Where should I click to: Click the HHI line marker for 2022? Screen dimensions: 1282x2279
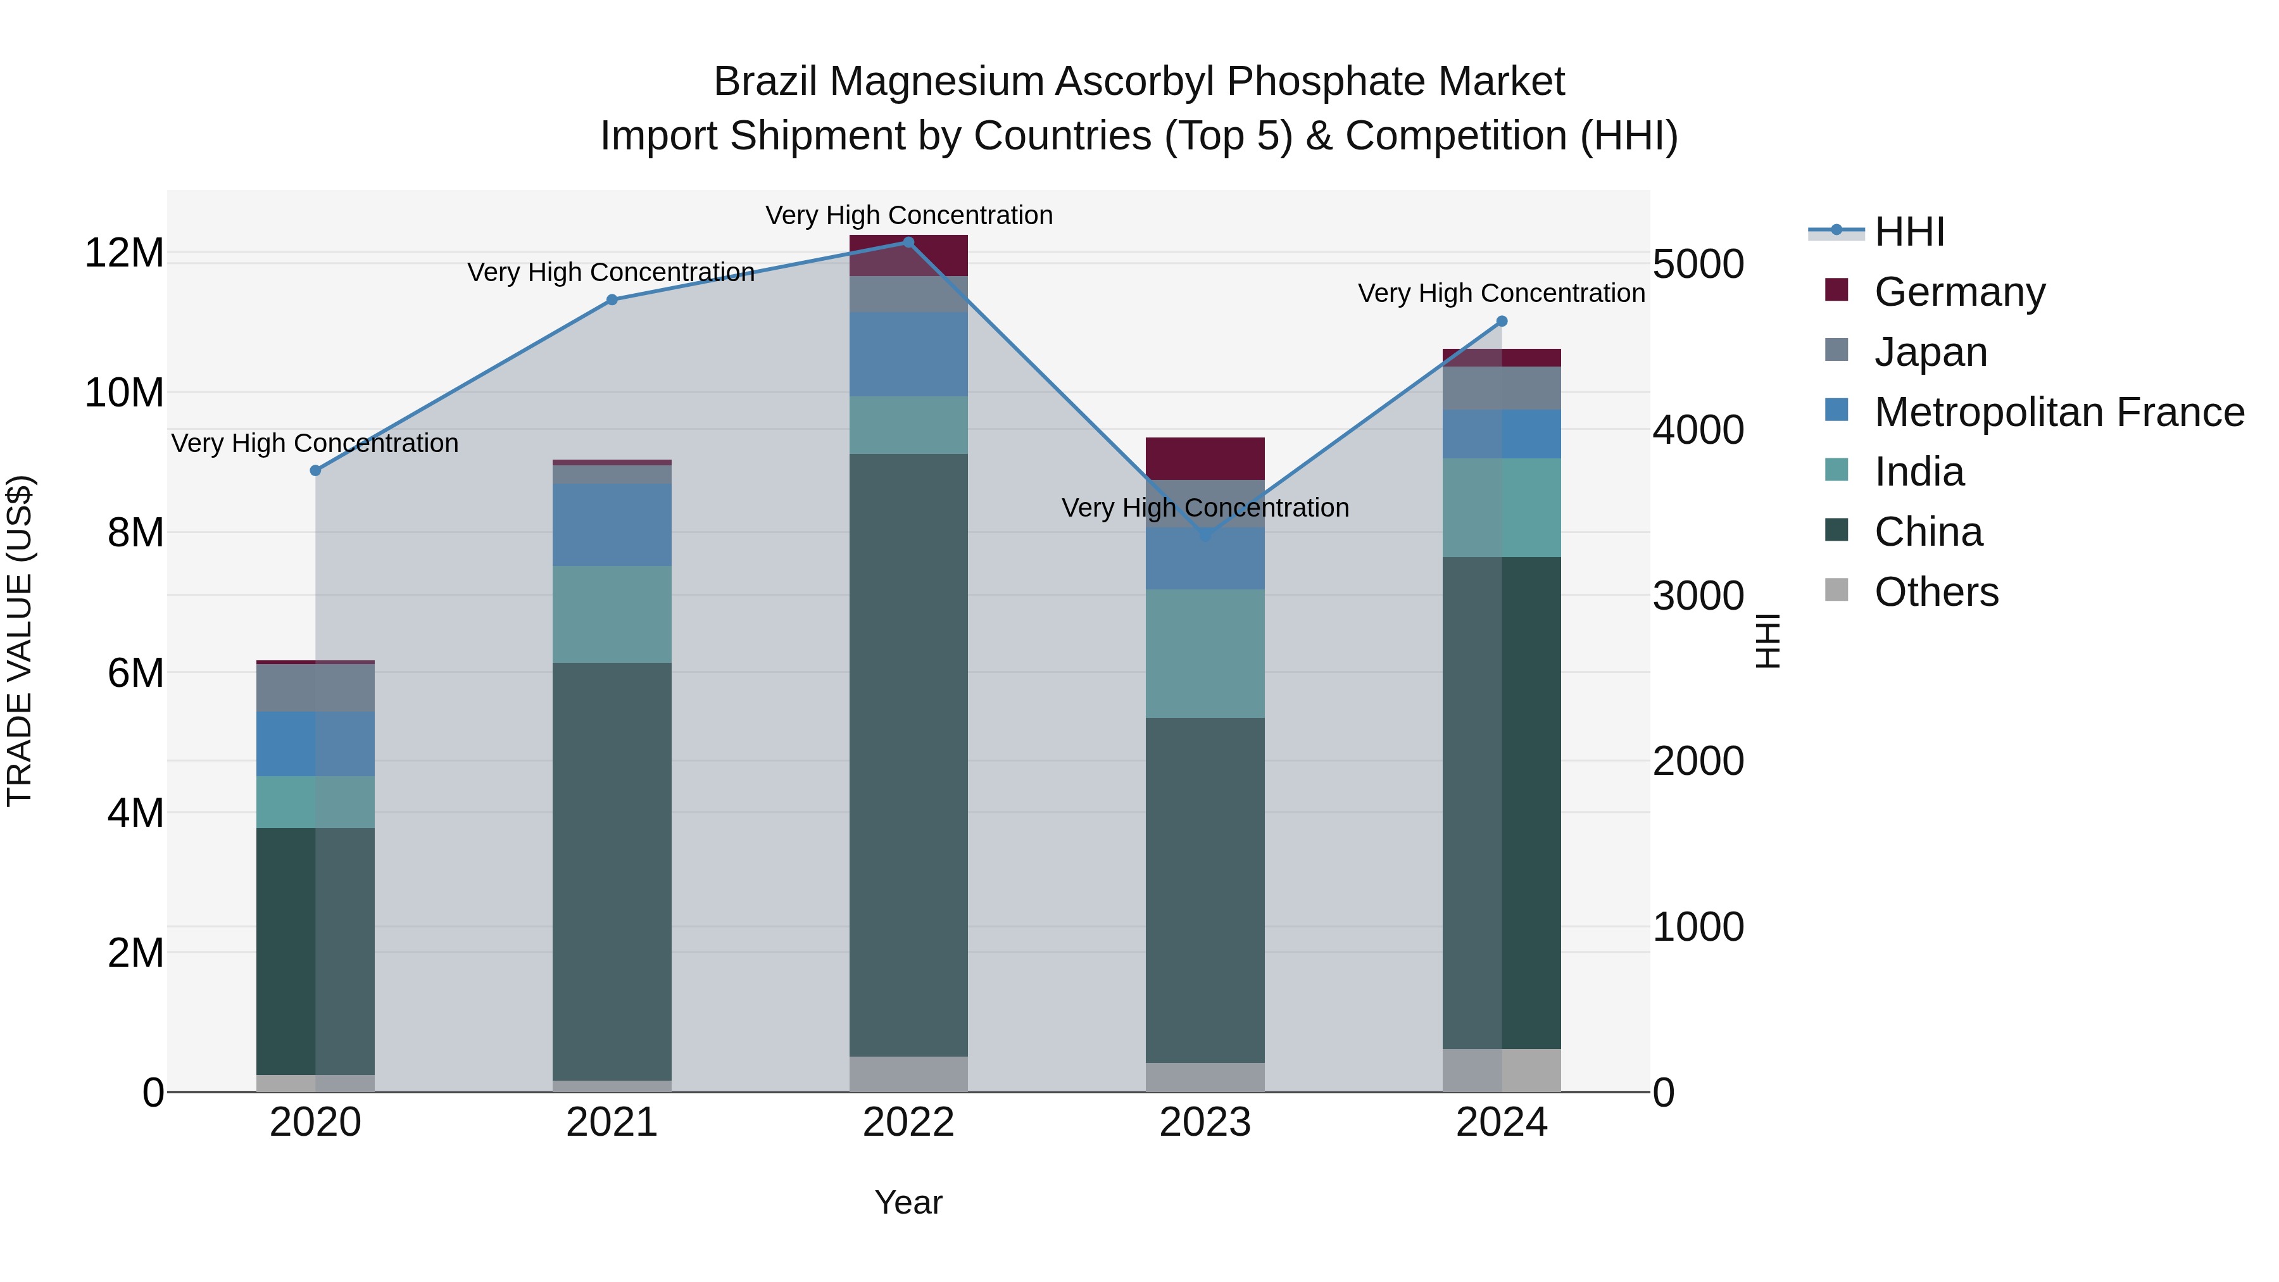pyautogui.click(x=908, y=242)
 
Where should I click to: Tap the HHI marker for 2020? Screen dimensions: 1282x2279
pyautogui.click(x=315, y=470)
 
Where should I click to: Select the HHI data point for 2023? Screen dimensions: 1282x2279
pyautogui.click(x=1205, y=536)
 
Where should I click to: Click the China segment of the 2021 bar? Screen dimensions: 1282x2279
pyautogui.click(x=612, y=872)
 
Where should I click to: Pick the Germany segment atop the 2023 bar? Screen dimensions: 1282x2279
pyautogui.click(x=1205, y=458)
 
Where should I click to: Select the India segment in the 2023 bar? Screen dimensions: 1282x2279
pyautogui.click(x=1205, y=653)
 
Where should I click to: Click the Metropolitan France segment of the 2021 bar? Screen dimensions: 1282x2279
pyautogui.click(x=612, y=525)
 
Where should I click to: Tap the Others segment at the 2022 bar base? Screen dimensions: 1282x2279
pyautogui.click(x=908, y=1074)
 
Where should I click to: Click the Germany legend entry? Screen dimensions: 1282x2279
pyautogui.click(x=1959, y=292)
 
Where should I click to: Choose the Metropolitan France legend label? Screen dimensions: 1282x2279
pyautogui.click(x=2059, y=412)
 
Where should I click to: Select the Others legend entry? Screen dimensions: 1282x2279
pyautogui.click(x=1936, y=592)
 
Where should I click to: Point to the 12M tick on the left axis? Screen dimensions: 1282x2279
pyautogui.click(x=124, y=254)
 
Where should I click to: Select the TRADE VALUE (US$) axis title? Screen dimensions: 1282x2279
pyautogui.click(x=20, y=641)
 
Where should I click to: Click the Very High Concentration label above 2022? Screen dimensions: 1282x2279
pyautogui.click(x=908, y=215)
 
